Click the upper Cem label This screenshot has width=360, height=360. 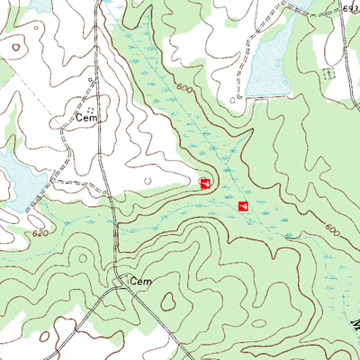86,117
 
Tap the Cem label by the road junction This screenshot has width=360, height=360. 141,282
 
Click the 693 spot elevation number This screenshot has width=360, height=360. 350,7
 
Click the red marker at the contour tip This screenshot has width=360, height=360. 205,183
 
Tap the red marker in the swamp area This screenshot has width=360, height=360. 242,207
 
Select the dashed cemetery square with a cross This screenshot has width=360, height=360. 328,71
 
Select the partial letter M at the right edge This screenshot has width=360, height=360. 355,319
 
